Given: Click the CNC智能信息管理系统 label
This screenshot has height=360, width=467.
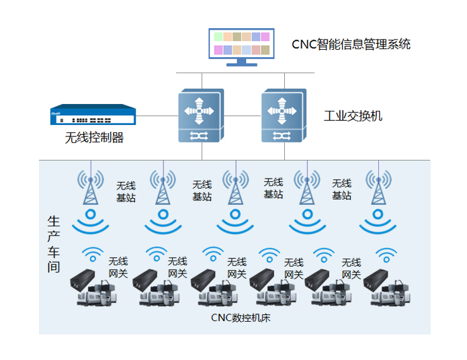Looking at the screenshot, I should coord(351,45).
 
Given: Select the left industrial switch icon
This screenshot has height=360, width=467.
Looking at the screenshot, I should coord(201,115).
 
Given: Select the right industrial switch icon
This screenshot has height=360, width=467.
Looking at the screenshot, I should coord(284,115).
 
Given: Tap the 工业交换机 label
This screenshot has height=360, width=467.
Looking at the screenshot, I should coord(353,116).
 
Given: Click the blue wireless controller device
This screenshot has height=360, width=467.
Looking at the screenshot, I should coord(93,116).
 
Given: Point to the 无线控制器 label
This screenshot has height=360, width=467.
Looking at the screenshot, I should coord(94,138).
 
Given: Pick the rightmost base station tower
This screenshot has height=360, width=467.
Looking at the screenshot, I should coord(378,189).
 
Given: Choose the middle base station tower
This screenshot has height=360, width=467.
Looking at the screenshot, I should coord(235,189).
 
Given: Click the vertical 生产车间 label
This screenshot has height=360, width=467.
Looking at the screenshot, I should coord(54,243).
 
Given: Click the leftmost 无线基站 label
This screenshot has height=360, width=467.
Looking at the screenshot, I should coord(126,191).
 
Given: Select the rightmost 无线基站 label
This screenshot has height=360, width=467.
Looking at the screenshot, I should coord(341,189).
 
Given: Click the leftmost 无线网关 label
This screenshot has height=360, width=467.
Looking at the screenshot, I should coord(118,267).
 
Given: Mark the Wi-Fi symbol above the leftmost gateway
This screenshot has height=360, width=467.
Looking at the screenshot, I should coord(92,254).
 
